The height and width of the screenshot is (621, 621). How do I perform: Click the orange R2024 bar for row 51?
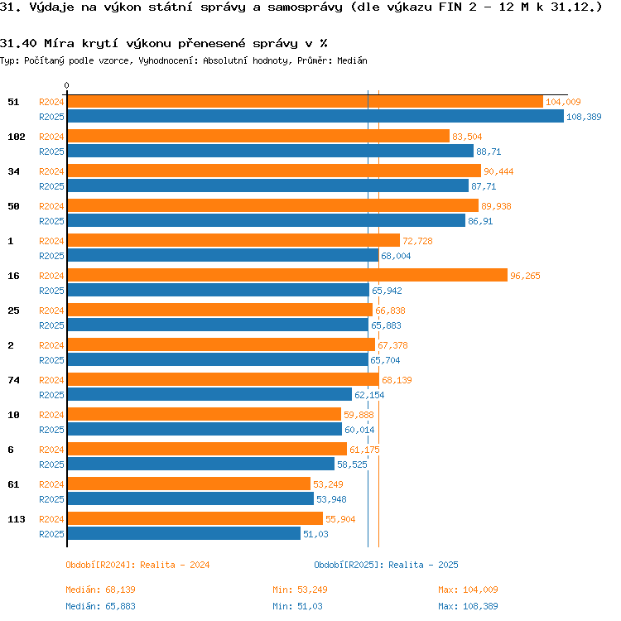[x=306, y=102]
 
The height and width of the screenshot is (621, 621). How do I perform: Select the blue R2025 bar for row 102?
[x=271, y=151]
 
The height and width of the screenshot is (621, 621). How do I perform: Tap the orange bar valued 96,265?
[x=287, y=275]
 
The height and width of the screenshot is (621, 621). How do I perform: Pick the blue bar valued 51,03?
[x=184, y=533]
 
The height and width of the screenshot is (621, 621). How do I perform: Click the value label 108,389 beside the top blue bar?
[x=584, y=117]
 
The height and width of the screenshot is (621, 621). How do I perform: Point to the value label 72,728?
[x=417, y=241]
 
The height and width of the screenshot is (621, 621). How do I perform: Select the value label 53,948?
[x=331, y=499]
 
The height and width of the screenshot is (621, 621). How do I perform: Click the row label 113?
[x=17, y=519]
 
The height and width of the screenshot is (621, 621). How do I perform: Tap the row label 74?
[x=13, y=380]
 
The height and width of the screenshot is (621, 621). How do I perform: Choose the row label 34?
[x=13, y=171]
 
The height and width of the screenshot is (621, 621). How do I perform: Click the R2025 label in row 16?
[x=51, y=291]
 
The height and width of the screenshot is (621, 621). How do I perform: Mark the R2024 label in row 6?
[x=51, y=450]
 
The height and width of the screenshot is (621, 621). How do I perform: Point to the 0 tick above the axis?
[x=66, y=85]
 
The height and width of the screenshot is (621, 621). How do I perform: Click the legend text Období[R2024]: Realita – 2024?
[x=137, y=565]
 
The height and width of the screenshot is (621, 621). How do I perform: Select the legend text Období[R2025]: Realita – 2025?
[x=386, y=565]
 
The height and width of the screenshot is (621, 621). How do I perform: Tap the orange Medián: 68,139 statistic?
[x=100, y=590]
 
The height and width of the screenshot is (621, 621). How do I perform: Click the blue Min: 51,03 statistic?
[x=297, y=606]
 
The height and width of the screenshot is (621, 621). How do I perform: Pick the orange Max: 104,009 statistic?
[x=468, y=590]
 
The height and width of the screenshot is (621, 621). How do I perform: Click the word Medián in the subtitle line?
[x=352, y=60]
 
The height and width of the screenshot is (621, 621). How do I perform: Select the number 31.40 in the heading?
[x=18, y=43]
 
